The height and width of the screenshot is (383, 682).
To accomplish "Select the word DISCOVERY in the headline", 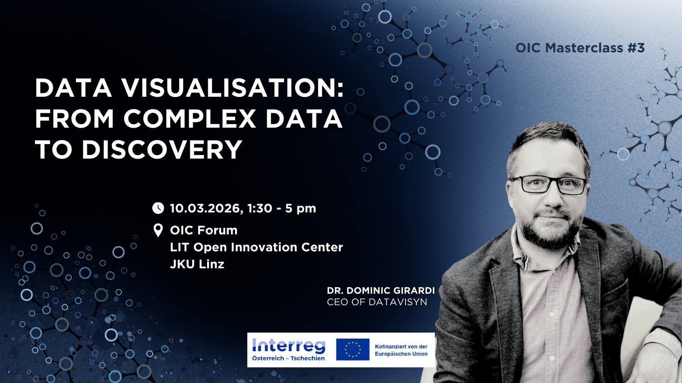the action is coord(162,149).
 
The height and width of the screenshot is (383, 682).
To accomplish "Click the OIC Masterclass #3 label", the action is coord(580,48).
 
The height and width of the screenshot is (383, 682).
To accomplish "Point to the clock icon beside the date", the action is coord(158,208).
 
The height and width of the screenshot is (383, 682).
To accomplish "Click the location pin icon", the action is coord(158,230).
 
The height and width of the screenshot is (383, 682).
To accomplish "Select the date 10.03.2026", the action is coord(206,208).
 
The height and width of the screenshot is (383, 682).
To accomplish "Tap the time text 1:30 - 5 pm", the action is coord(282,208).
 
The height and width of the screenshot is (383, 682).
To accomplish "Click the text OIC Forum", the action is coord(204,230).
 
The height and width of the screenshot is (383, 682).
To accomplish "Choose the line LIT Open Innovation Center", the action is coord(256,247).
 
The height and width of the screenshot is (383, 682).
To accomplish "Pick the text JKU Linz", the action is coord(197,264).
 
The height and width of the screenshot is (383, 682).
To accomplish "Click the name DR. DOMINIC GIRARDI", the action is coord(381,291).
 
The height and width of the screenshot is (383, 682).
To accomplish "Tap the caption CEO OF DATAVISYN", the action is coord(377,302).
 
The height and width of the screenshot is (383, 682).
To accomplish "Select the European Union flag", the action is coord(352,349).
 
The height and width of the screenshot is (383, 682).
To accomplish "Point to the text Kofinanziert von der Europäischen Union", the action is coord(401,350).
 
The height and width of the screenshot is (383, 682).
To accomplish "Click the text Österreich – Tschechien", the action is coord(289,359).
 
